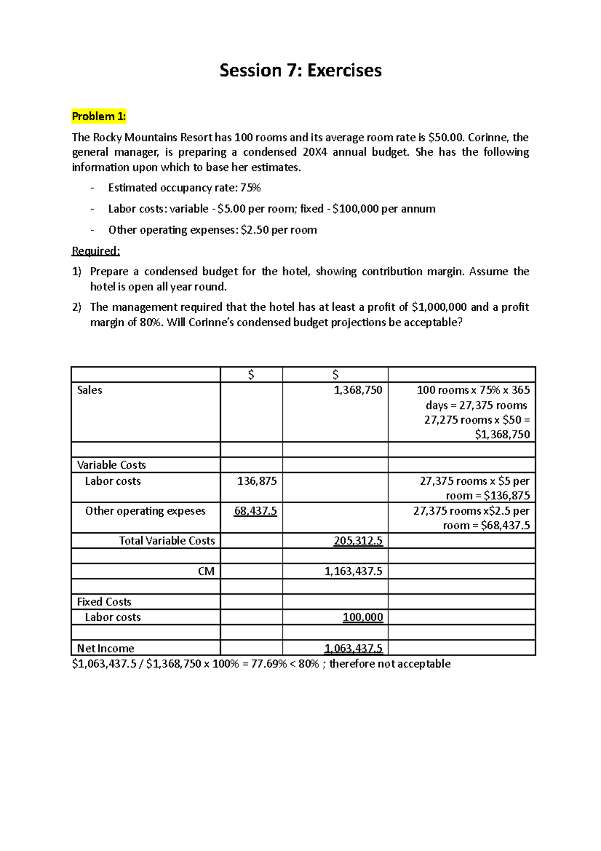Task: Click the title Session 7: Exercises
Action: [x=300, y=70]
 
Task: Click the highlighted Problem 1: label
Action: [x=99, y=117]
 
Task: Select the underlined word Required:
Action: [x=96, y=251]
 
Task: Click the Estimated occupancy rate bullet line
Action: [x=184, y=188]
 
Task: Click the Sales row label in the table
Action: [x=90, y=390]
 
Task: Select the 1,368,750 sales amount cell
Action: [x=358, y=390]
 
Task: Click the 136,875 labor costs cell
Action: [x=256, y=481]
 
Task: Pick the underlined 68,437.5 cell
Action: [x=255, y=511]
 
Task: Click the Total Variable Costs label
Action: [x=167, y=541]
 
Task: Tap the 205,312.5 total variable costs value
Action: [x=358, y=541]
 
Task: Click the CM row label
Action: [x=206, y=571]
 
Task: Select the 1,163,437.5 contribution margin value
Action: [x=353, y=571]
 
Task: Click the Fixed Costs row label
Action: [x=104, y=602]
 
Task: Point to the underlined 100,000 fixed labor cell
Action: [x=363, y=617]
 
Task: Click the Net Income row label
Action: [x=105, y=649]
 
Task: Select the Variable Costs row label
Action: [x=111, y=465]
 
